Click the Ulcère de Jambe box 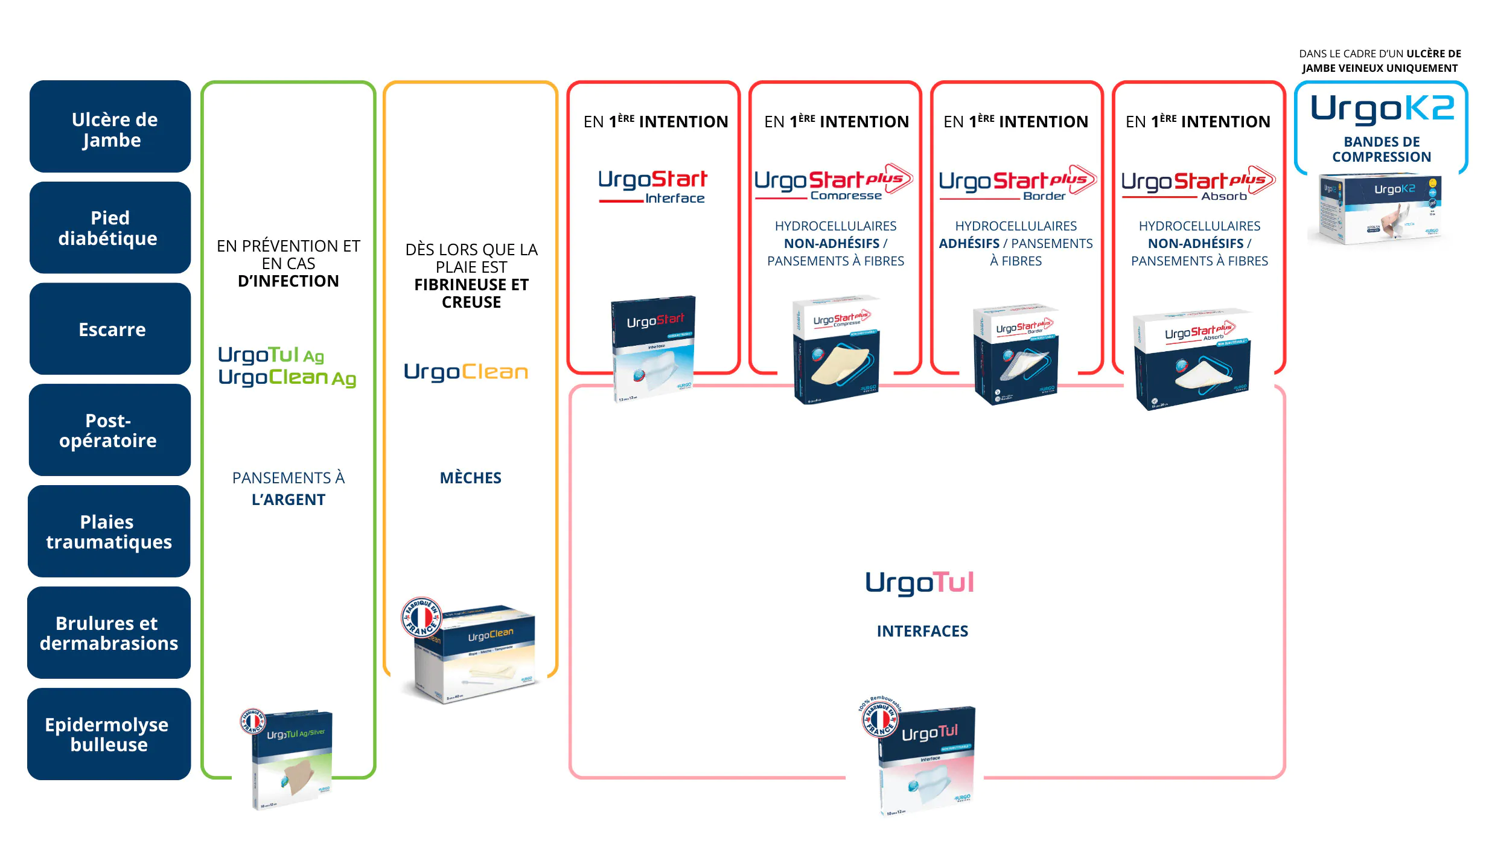point(110,127)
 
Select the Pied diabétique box point(110,228)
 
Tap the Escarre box point(110,329)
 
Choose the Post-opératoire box point(110,430)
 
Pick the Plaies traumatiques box point(109,532)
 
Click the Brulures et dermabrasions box point(109,633)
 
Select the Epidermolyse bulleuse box point(109,734)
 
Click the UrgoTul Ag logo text point(271,355)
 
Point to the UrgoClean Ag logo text point(287,378)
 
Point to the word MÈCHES point(471,478)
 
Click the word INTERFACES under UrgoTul point(922,631)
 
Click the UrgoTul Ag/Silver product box point(292,760)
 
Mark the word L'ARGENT point(289,500)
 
